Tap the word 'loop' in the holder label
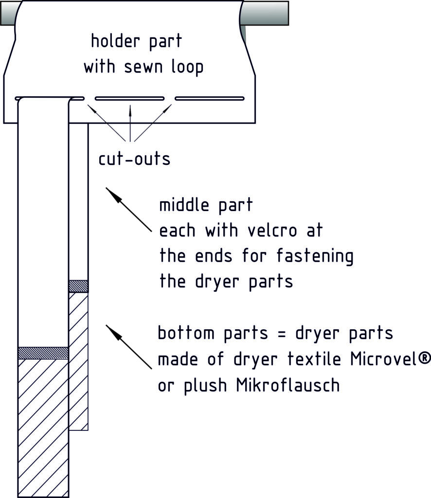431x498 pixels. (x=187, y=67)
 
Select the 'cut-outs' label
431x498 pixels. (x=134, y=159)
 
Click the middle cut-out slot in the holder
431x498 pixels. (x=130, y=98)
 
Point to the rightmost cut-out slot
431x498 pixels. (x=210, y=98)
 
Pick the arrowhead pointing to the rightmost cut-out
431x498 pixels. (x=167, y=108)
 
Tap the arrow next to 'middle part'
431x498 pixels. (x=128, y=210)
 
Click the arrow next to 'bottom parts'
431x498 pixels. (x=128, y=347)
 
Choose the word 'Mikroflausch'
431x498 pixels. (x=288, y=385)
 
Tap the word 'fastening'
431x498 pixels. (x=315, y=256)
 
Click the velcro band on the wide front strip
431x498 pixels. (x=43, y=353)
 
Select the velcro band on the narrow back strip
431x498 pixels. (x=78, y=286)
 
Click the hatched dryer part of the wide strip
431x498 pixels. (x=43, y=428)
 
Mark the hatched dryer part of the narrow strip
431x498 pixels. (x=78, y=361)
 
